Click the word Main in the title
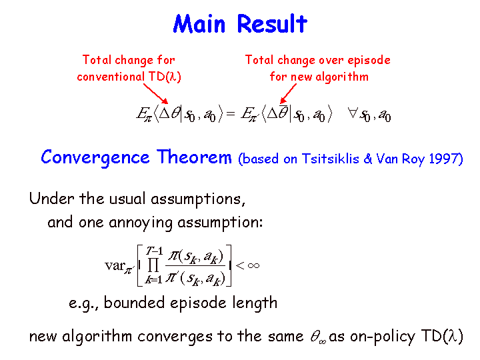[199, 24]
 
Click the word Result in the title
[272, 23]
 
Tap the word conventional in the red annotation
[110, 77]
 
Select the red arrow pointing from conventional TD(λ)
[155, 94]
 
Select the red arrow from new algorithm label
[288, 94]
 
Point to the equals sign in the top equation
[230, 114]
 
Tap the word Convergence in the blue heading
[95, 158]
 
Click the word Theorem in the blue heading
[194, 157]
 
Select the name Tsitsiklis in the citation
[330, 159]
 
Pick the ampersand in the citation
[367, 159]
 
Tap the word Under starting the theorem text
[52, 199]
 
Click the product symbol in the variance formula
[153, 265]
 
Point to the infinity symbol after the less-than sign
[253, 265]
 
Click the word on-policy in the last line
[382, 337]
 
